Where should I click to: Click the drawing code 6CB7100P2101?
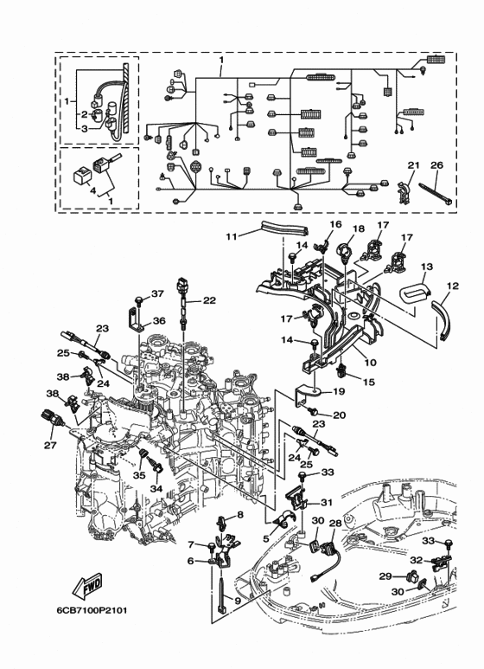point(92,610)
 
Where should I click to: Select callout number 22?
point(209,301)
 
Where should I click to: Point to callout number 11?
point(231,235)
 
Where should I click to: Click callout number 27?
point(50,445)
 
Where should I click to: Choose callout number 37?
point(157,294)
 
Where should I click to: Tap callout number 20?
point(339,415)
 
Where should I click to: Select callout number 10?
point(371,363)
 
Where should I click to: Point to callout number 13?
point(427,267)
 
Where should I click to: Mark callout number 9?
point(237,601)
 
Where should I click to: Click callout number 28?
point(335,523)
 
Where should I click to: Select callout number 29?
point(385,576)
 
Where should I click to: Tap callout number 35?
point(139,475)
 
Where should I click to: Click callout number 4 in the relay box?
point(93,191)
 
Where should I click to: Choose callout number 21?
point(413,165)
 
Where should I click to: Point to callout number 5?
point(266,539)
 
